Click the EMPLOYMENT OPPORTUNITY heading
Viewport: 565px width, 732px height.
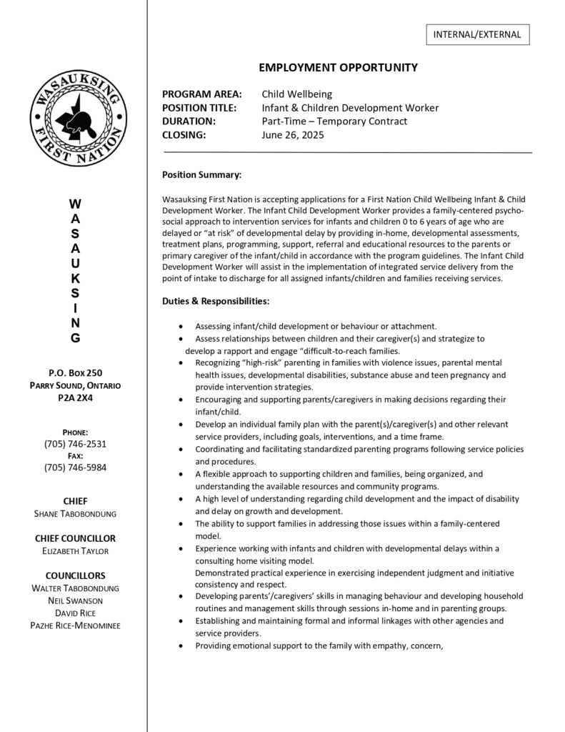[x=338, y=67]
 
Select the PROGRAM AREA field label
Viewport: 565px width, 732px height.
[x=202, y=94]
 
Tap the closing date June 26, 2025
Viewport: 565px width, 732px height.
[x=293, y=134]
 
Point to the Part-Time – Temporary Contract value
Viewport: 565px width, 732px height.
[x=334, y=121]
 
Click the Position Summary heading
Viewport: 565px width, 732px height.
[x=201, y=174]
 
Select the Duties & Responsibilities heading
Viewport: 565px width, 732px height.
[x=216, y=302]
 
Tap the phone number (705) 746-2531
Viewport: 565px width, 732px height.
[x=75, y=444]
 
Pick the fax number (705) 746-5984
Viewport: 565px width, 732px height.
[x=75, y=468]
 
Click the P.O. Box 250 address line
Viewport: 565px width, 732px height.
[x=75, y=372]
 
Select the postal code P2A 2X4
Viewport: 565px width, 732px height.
[x=75, y=397]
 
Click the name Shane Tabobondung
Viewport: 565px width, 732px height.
[x=75, y=514]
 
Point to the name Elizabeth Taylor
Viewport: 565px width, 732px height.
[x=75, y=551]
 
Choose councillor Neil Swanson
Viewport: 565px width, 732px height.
[x=75, y=600]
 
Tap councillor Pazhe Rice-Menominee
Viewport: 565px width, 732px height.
[x=75, y=625]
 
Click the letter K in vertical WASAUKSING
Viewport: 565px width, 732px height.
[x=75, y=277]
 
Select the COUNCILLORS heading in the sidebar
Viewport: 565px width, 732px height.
[x=75, y=575]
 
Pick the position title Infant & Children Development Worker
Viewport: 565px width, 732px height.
[x=350, y=107]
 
